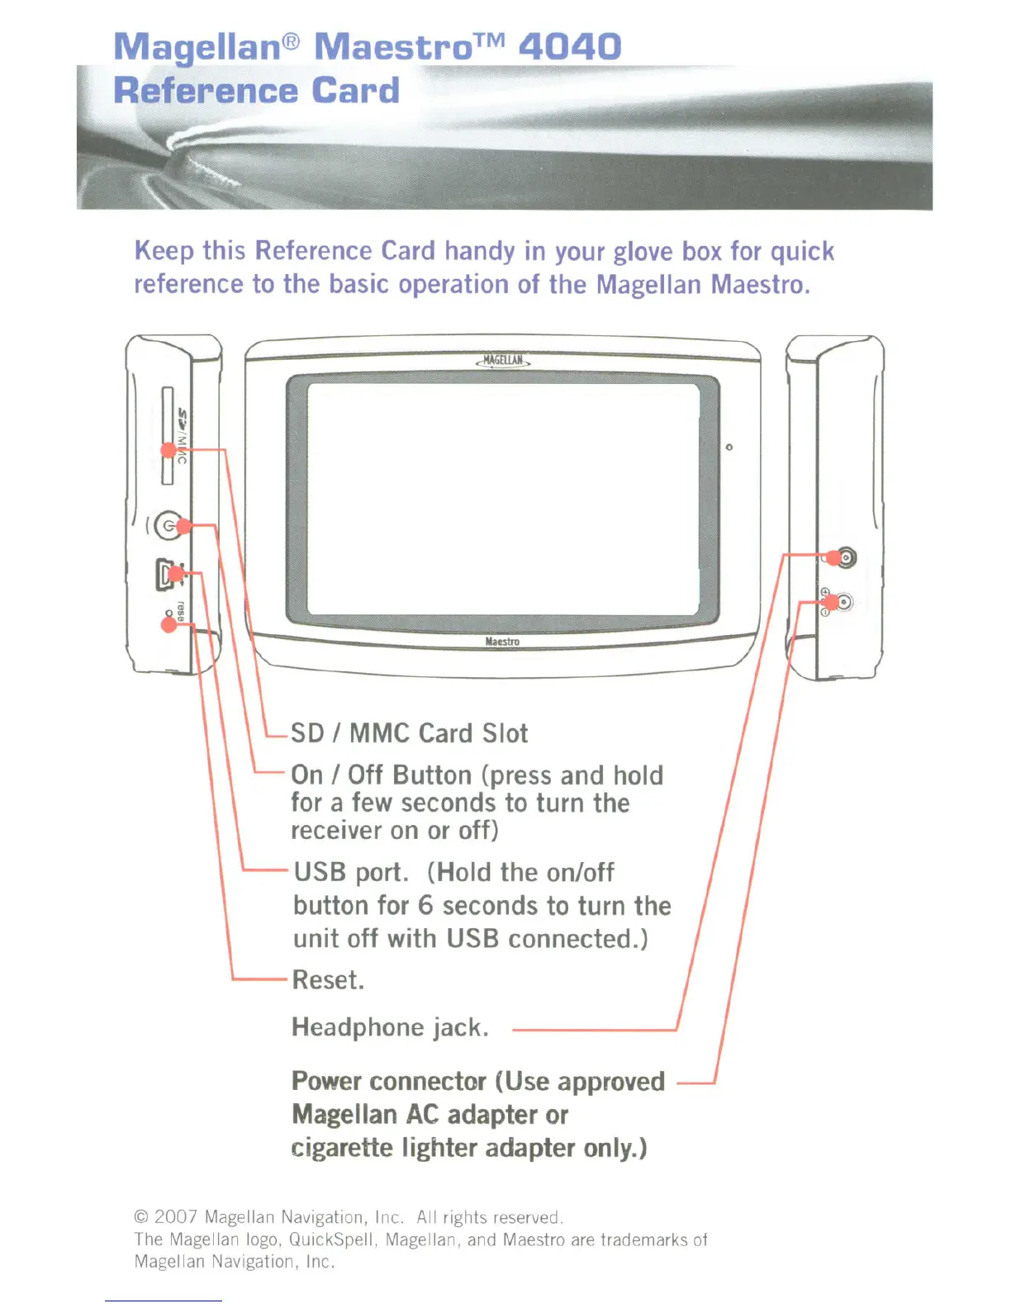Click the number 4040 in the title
click(569, 46)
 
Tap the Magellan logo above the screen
click(503, 361)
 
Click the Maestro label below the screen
click(502, 642)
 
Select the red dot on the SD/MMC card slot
click(168, 450)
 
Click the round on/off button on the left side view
click(169, 525)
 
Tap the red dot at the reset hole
click(168, 624)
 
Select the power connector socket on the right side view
click(843, 602)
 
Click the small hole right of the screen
click(729, 448)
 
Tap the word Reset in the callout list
click(327, 980)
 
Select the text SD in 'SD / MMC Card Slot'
click(307, 733)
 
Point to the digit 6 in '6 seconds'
click(425, 906)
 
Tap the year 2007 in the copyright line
click(175, 1217)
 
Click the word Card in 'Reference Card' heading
click(356, 91)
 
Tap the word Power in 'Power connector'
click(325, 1081)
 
